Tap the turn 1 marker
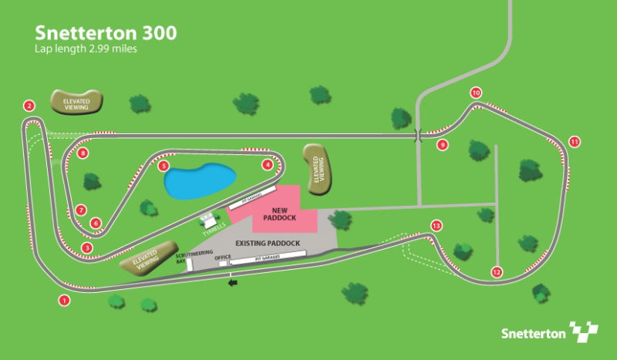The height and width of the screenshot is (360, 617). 64,300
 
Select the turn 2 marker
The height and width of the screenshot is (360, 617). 29,106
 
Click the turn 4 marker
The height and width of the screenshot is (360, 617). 268,164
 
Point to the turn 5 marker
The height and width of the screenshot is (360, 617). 163,166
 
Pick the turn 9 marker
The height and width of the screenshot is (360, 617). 442,144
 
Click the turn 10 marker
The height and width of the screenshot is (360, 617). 476,93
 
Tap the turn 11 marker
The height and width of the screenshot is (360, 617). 574,141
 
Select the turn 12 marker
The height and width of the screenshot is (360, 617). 496,272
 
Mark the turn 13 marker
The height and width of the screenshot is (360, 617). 437,226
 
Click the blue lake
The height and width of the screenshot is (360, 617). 199,180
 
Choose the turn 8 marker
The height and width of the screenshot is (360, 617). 83,153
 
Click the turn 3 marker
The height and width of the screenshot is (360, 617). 87,247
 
